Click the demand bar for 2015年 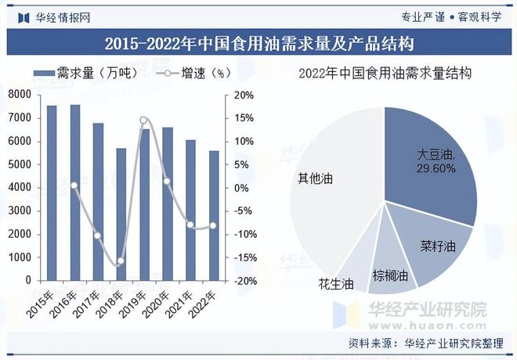pos(52,193)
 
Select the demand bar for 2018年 pos(121,214)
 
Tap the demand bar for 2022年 pos(213,215)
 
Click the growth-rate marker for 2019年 pos(143,121)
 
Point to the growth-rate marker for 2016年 pos(74,185)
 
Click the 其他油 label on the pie pos(316,178)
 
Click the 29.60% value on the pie pos(436,169)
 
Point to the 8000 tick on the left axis pos(21,95)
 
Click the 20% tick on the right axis pos(244,95)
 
